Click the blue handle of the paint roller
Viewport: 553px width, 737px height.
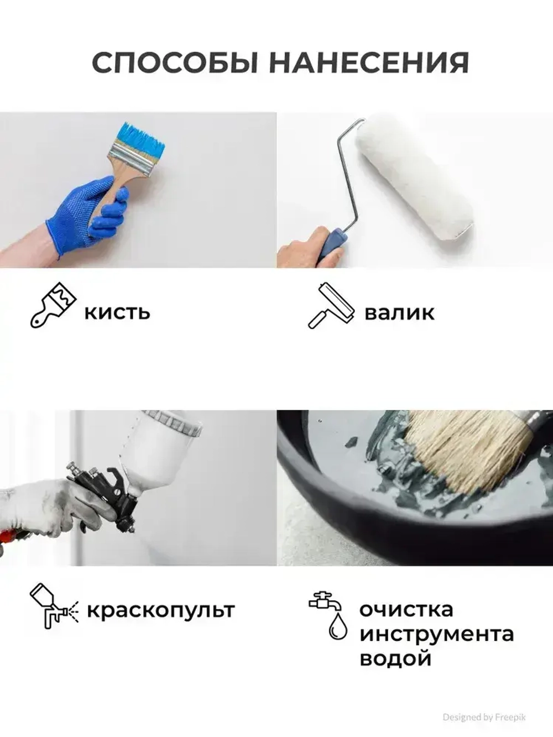point(332,244)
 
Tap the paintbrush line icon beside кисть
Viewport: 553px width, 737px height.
point(51,305)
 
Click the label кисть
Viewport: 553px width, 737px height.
point(117,312)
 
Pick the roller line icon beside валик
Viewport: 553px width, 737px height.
point(330,305)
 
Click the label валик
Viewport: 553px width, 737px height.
point(399,312)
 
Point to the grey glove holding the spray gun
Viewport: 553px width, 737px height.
point(44,506)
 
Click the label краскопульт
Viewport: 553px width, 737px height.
point(161,611)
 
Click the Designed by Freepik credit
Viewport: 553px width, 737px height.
point(484,717)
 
